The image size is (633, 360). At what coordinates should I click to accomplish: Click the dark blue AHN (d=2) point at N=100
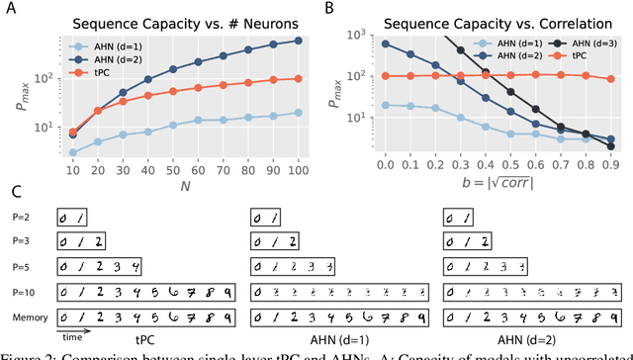(x=298, y=41)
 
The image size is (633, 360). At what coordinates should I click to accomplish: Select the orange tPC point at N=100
(x=298, y=79)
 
